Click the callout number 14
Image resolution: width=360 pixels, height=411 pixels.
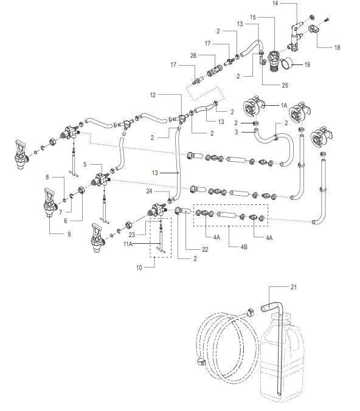coord(275,4)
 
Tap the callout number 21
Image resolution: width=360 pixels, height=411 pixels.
coord(293,288)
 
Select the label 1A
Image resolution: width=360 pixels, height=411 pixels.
coord(284,105)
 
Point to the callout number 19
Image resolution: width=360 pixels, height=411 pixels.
coord(307,64)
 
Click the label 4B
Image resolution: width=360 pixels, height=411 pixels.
coord(244,247)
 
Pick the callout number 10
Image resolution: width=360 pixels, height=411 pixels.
coord(139,268)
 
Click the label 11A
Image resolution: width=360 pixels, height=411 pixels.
coord(128,244)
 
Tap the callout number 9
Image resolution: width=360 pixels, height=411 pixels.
coord(69,234)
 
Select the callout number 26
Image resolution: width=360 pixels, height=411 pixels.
coord(193,55)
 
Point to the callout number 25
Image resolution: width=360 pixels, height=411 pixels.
coord(285,85)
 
